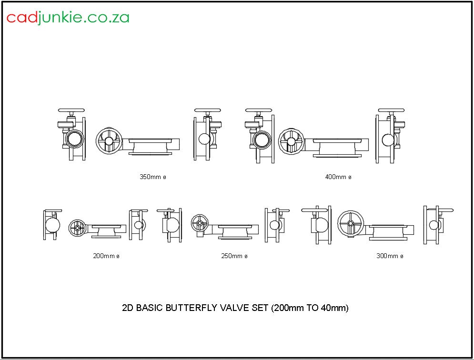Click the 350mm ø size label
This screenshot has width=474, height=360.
[152, 177]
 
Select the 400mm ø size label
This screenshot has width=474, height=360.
[338, 177]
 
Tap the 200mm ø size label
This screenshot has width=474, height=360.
[106, 256]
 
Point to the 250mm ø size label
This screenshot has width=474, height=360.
[234, 256]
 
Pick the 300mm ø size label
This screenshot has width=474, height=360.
[390, 256]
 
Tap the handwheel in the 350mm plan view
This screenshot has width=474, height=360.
[109, 140]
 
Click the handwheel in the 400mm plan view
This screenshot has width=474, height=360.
[291, 141]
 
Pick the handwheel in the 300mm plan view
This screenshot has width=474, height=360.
[351, 223]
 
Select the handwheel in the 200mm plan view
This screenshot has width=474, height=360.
[77, 228]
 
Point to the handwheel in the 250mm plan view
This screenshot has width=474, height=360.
[200, 223]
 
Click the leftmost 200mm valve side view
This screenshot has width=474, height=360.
[51, 224]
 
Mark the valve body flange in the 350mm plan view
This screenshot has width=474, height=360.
[150, 146]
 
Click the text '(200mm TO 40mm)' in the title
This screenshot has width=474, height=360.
[310, 308]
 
